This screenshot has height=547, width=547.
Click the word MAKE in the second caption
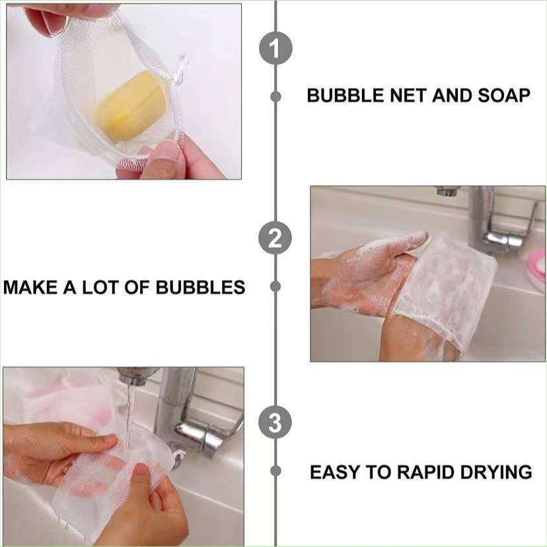tap(27, 287)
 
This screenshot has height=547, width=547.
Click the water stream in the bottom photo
tap(129, 410)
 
